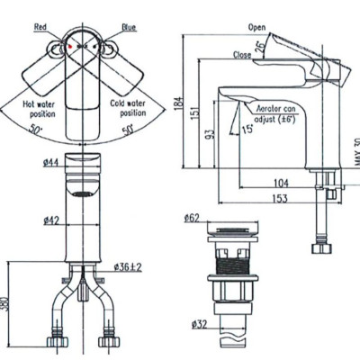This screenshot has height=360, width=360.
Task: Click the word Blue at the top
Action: point(129,28)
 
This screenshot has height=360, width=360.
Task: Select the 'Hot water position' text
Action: point(42,109)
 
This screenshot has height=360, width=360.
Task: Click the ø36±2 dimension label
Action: point(129,266)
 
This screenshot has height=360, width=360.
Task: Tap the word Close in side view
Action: point(240,53)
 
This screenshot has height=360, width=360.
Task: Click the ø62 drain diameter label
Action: point(191,219)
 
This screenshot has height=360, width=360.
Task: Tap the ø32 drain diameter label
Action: point(196,325)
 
